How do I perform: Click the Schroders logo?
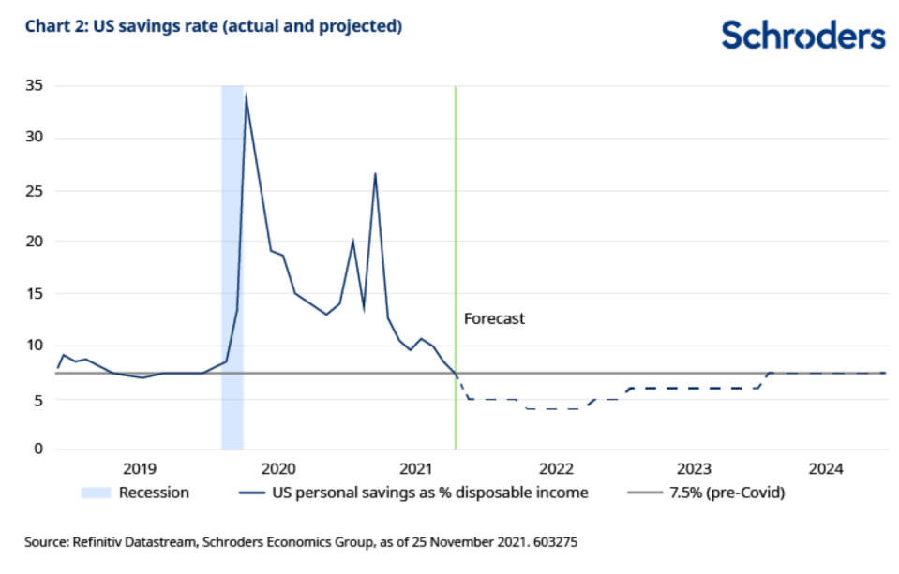[x=803, y=36]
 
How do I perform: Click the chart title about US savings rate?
[x=214, y=27]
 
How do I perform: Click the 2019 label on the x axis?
[x=139, y=468]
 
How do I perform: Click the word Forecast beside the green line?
[x=494, y=318]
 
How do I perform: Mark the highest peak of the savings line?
[x=246, y=95]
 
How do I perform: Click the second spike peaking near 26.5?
[x=375, y=174]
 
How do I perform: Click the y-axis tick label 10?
[x=37, y=345]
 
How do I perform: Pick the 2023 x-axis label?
[x=693, y=468]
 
